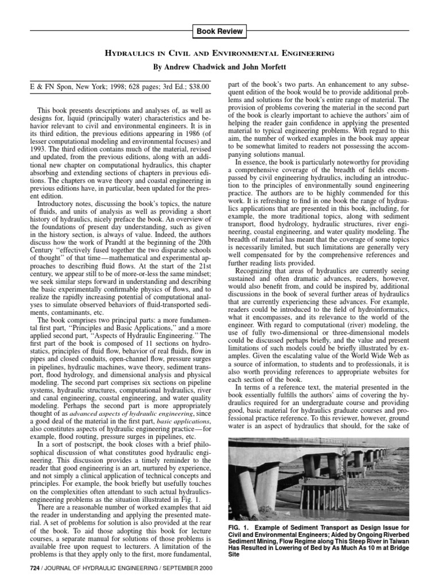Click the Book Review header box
pyautogui.click(x=220, y=31)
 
